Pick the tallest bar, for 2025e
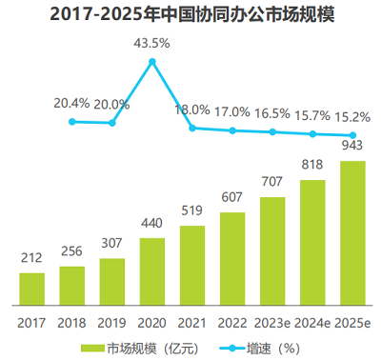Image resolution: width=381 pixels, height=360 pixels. pyautogui.click(x=352, y=230)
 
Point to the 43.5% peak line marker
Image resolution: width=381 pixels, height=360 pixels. pyautogui.click(x=152, y=62)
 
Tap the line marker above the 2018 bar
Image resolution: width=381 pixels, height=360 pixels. pyautogui.click(x=72, y=121)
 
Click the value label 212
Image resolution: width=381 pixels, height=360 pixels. pyautogui.click(x=31, y=259)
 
